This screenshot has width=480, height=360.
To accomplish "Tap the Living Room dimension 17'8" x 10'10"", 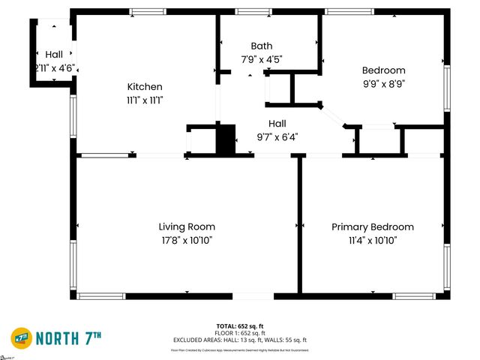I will (x=187, y=240).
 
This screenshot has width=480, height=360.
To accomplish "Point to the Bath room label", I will (x=262, y=46).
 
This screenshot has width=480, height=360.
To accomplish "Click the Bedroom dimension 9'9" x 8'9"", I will (x=383, y=84).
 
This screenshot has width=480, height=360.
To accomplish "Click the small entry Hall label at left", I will (x=54, y=55).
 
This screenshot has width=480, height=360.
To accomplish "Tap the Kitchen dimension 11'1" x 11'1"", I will (x=145, y=99).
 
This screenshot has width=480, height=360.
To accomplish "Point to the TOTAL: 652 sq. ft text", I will (x=240, y=325).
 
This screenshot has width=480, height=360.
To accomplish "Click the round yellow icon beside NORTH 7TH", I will (x=21, y=338).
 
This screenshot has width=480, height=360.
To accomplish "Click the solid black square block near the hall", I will (x=226, y=139).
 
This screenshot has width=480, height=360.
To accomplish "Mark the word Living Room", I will (x=187, y=226).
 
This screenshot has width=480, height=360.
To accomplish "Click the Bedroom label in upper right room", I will (x=383, y=70).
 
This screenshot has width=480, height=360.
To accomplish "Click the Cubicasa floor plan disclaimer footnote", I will (x=240, y=349).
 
